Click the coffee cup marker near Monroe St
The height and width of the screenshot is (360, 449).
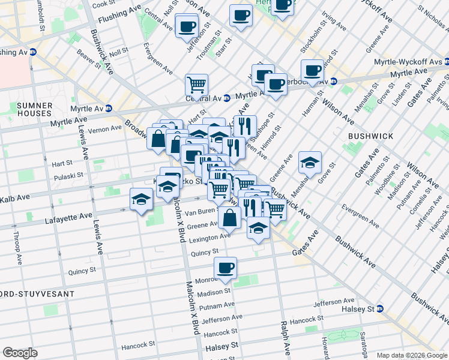pyautogui.click(x=225, y=268)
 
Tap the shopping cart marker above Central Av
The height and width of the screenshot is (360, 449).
pyautogui.click(x=196, y=85)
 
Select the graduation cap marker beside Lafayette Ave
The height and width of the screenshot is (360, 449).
pyautogui.click(x=142, y=199)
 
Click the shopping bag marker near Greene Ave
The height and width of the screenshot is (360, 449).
pyautogui.click(x=230, y=217)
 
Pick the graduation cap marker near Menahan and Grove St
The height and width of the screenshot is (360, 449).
pyautogui.click(x=309, y=162)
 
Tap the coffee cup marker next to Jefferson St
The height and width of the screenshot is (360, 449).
pyautogui.click(x=187, y=26)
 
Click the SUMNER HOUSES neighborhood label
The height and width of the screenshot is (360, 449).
pyautogui.click(x=35, y=109)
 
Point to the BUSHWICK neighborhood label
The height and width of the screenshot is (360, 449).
pyautogui.click(x=370, y=136)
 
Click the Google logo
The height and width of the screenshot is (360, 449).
pyautogui.click(x=20, y=353)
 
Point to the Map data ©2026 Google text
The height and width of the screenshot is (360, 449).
pyautogui.click(x=411, y=355)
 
